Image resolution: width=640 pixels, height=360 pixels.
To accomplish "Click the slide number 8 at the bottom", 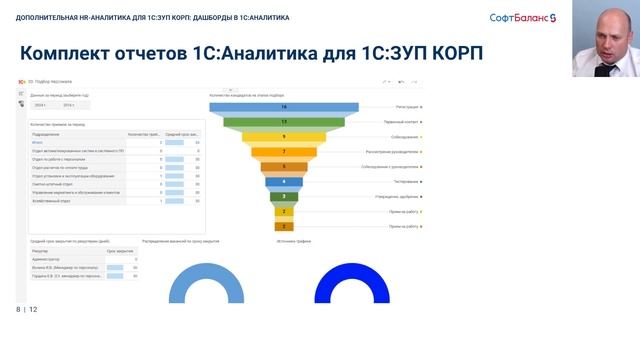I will click(x=18, y=310).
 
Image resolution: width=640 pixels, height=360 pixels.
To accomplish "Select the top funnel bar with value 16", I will click(x=284, y=106).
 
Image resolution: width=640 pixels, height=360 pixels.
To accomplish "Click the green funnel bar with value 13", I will click(x=284, y=121).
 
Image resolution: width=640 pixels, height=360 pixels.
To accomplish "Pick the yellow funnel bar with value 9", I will click(x=284, y=137).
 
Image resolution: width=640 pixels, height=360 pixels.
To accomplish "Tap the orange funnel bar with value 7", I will click(x=284, y=152).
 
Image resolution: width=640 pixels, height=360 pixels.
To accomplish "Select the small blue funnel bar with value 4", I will click(x=284, y=182).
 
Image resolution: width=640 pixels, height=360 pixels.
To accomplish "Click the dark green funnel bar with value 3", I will click(x=284, y=197).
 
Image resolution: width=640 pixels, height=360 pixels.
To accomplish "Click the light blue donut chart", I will click(x=206, y=285).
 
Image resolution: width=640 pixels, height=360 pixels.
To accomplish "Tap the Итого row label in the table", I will click(x=37, y=143).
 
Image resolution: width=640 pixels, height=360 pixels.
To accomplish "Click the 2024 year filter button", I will click(x=41, y=104).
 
